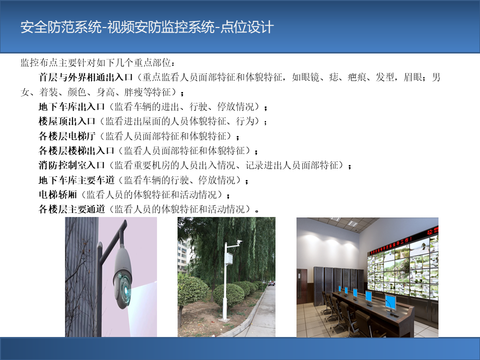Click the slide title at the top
(x=147, y=27)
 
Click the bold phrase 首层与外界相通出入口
(x=85, y=77)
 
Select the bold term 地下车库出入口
(x=71, y=107)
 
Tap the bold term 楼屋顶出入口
(x=67, y=121)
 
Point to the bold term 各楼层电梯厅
(x=67, y=136)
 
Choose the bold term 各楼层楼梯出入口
(x=76, y=150)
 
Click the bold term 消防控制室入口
(x=71, y=165)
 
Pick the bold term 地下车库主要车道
(x=76, y=180)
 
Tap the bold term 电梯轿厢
(x=57, y=194)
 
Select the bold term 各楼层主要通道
(x=71, y=209)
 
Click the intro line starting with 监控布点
(x=98, y=63)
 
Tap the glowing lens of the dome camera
(x=125, y=289)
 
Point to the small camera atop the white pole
(x=238, y=242)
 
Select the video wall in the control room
(x=403, y=267)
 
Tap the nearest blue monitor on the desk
(x=390, y=303)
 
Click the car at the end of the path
(x=271, y=283)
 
